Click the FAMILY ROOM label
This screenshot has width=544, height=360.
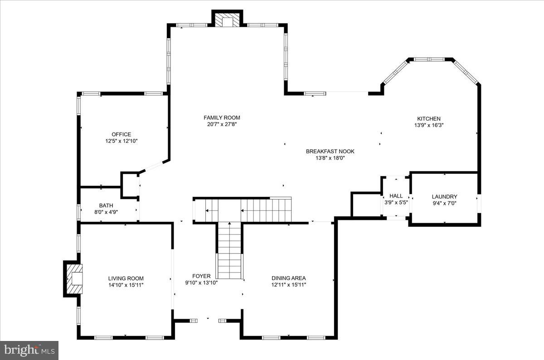(x=222, y=118)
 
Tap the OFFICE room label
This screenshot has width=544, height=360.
(x=121, y=134)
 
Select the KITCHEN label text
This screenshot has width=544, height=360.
(x=428, y=119)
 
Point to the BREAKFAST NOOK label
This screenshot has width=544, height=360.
(x=330, y=151)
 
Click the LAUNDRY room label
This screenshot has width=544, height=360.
(x=444, y=197)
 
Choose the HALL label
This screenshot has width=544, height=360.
(x=396, y=196)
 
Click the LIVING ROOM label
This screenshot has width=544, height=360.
(x=126, y=278)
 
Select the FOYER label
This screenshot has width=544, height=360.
(x=201, y=276)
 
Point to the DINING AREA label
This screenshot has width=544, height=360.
(x=288, y=278)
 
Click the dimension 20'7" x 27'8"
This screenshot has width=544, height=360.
(x=222, y=125)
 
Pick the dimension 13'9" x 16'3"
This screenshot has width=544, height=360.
(x=428, y=126)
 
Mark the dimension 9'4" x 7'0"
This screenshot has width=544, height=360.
(x=444, y=204)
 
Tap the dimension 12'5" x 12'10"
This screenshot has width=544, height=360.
(x=121, y=141)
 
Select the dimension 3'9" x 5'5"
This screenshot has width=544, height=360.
(x=396, y=203)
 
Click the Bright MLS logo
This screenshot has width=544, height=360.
(x=29, y=350)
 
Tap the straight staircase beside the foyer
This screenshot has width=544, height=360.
(x=230, y=252)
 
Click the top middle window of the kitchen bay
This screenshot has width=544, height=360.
(x=430, y=59)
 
